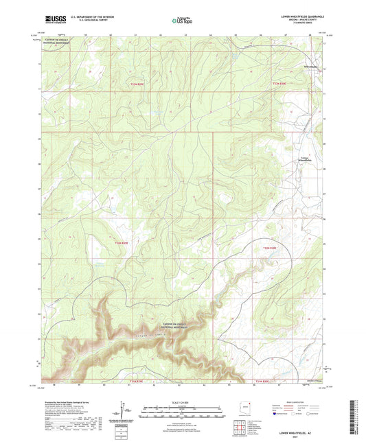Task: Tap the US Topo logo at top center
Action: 181,21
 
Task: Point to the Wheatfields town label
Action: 310,67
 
